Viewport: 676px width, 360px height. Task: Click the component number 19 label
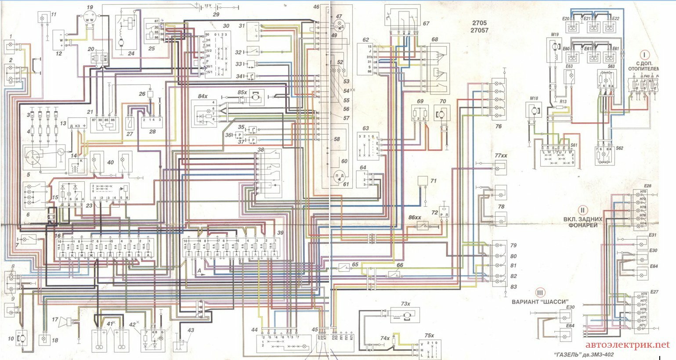pos(90,7)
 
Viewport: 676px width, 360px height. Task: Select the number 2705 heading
pos(481,22)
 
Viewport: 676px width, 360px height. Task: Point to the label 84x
pos(202,96)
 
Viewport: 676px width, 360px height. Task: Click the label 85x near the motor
pos(242,93)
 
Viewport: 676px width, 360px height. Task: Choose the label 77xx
pos(501,156)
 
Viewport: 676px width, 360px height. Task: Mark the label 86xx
pos(415,217)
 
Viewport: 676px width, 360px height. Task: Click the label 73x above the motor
pos(405,304)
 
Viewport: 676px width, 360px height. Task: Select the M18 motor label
pos(534,98)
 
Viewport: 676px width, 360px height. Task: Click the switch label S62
pos(619,148)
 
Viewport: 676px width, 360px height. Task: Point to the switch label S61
pos(574,144)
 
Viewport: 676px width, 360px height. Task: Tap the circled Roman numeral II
pos(582,210)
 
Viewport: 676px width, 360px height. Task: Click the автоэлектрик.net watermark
pos(627,345)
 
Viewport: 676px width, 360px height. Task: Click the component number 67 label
pos(426,24)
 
